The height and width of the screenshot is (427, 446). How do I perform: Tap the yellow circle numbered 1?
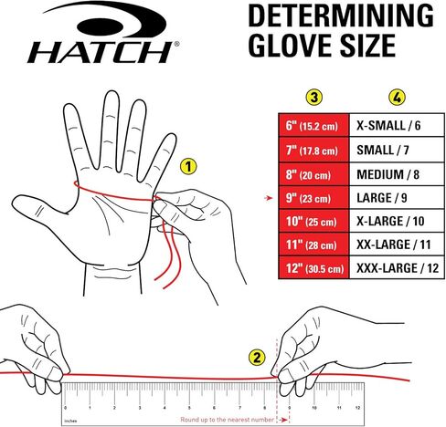click(x=187, y=167)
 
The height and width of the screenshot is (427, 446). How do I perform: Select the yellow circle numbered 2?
click(x=258, y=358)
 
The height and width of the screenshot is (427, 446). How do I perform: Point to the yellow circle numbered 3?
click(x=314, y=96)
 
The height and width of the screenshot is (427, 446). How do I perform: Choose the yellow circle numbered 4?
click(x=396, y=96)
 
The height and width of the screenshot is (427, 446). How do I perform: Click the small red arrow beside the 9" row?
click(x=266, y=196)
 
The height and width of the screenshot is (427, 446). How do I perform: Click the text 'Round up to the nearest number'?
click(x=228, y=417)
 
